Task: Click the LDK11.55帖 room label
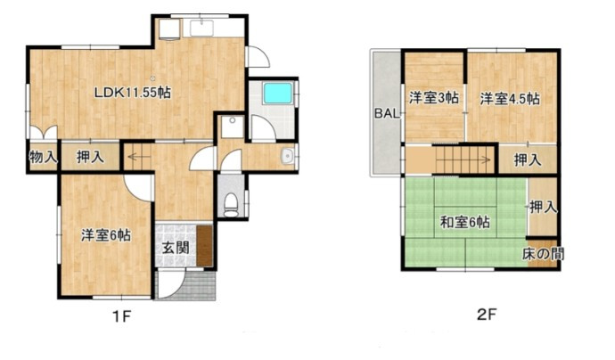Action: [x=132, y=93]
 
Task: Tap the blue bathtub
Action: [x=278, y=93]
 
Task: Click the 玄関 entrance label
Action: [x=176, y=248]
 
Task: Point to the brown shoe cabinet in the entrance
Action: [x=204, y=246]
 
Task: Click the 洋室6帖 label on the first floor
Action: [x=106, y=235]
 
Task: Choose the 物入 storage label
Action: [x=44, y=158]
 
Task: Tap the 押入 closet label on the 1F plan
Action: [x=90, y=157]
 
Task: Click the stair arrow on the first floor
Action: [x=139, y=158]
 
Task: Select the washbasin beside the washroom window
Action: [x=288, y=156]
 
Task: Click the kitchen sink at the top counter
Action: [x=201, y=29]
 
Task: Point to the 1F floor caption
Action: [x=121, y=315]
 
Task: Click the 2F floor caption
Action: [x=487, y=315]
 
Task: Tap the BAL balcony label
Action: [x=387, y=114]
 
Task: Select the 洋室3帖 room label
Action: [x=434, y=98]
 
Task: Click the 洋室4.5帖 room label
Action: [x=510, y=98]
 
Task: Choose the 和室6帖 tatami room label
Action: [x=464, y=223]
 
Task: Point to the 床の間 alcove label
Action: [x=543, y=254]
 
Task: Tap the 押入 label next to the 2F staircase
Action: [x=528, y=160]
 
